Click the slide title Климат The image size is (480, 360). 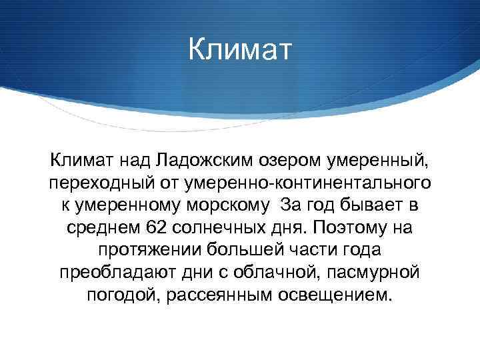tap(239, 51)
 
